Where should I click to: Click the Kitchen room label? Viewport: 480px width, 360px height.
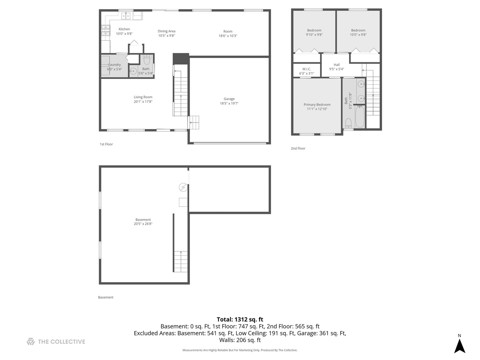coord(124,29)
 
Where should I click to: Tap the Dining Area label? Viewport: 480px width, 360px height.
coord(166,31)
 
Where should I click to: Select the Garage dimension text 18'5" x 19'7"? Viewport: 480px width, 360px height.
coord(229,103)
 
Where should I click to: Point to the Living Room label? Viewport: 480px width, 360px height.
coord(143,97)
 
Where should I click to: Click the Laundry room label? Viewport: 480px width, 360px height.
coord(114,65)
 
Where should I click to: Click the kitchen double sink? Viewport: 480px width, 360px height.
coord(126,16)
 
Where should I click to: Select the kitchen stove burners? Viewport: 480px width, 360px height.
coord(106,31)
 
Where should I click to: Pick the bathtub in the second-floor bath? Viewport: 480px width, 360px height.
coord(360,117)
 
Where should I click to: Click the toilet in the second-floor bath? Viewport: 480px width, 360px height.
coord(348,123)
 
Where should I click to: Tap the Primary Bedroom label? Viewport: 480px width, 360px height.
coord(317,105)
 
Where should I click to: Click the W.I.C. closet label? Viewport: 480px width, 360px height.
coord(306,69)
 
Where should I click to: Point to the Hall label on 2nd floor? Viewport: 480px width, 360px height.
coord(337,65)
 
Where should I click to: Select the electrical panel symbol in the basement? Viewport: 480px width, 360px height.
coord(183,187)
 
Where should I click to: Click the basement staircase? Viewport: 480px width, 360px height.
coord(181,261)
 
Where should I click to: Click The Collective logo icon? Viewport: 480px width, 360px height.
coord(31,342)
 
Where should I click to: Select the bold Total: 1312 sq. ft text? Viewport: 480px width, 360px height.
coord(240,319)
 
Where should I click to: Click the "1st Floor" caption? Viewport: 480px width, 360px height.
coord(106,144)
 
